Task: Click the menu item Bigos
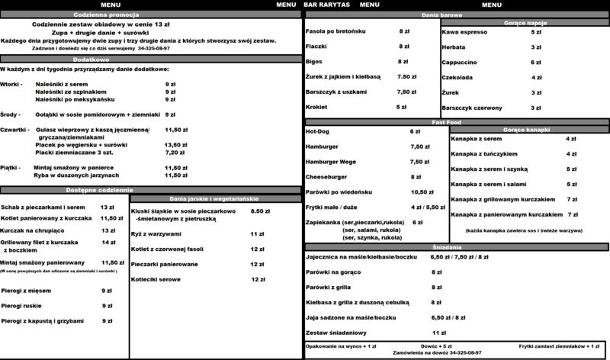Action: (314, 61)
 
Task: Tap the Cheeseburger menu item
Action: (326, 176)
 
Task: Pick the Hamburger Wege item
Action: (330, 162)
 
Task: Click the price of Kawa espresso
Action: (536, 33)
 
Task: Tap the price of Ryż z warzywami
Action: (257, 233)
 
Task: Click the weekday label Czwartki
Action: (14, 130)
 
